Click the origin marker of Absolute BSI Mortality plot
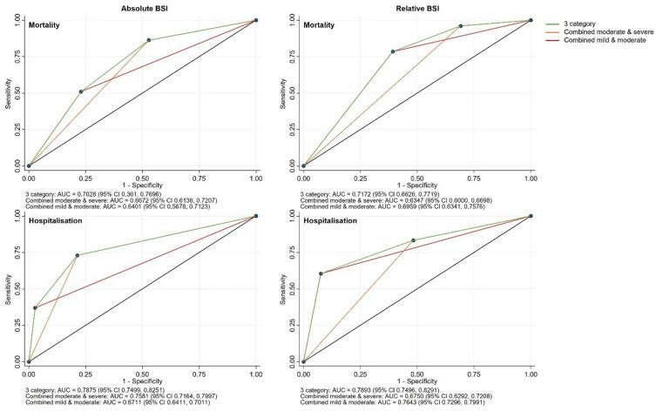coord(29,165)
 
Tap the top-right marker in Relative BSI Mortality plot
coord(531,20)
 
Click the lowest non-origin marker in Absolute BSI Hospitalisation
coord(36,308)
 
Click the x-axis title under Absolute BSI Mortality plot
coord(142,185)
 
